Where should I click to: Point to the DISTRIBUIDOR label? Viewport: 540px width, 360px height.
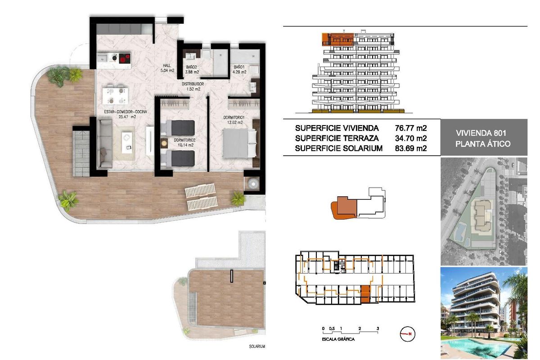tap(193, 84)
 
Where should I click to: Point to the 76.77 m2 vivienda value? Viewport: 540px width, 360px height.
tap(410, 128)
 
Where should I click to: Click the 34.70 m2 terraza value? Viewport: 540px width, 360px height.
tap(410, 138)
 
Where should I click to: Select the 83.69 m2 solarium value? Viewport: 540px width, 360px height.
tap(410, 148)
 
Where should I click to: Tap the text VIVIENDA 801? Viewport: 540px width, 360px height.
tap(481, 133)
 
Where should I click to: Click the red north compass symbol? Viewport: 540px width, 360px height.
tap(408, 334)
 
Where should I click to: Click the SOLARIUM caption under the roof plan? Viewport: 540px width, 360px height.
tap(256, 347)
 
